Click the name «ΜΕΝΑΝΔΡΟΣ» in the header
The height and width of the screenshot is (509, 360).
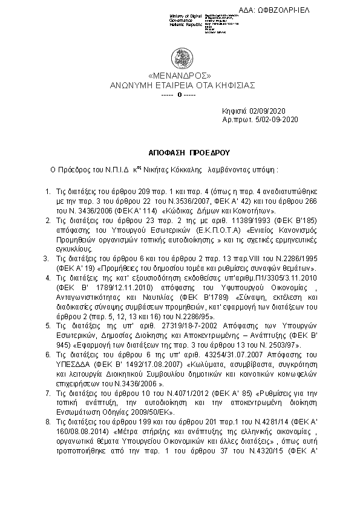click(x=180, y=76)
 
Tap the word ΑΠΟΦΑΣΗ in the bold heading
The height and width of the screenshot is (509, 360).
click(x=163, y=154)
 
